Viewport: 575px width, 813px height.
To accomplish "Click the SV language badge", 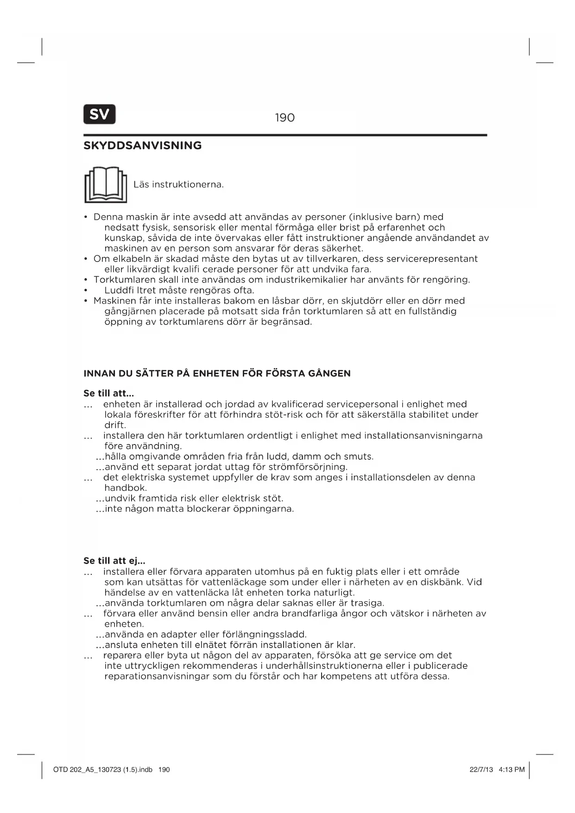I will coord(99,114).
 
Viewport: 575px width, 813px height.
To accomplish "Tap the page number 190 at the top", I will coord(284,118).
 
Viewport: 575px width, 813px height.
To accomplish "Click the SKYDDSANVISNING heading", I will coord(142,146).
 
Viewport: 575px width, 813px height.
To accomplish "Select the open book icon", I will coord(106,185).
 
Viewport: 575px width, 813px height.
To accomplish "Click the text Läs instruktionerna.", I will coord(178,184).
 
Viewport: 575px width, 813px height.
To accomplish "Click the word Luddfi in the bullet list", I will coord(118,290).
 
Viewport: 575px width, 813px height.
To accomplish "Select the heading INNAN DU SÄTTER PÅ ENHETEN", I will coord(217,374).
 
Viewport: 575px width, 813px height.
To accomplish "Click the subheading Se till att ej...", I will coord(114,561).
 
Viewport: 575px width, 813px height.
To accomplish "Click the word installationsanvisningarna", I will coord(423,436).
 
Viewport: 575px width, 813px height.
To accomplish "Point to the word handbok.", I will coord(125,488).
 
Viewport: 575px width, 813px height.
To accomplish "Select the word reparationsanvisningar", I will coord(157,676).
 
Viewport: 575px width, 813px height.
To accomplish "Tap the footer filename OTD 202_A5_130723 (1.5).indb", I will coord(102,770).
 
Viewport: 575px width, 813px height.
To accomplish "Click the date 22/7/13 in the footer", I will coord(481,770).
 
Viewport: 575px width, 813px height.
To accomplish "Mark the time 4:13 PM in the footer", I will coord(512,770).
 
